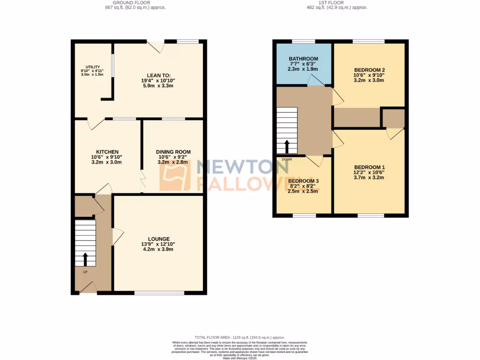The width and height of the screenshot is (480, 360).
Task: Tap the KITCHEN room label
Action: (107, 152)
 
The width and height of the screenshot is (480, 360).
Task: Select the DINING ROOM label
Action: (173, 152)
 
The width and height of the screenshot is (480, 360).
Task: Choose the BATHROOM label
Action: (303, 59)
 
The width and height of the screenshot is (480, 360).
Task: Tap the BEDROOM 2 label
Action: (369, 70)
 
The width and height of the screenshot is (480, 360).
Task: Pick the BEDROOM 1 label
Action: (369, 167)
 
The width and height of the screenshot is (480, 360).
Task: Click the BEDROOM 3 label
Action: (303, 181)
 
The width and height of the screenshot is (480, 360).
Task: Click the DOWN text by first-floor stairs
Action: (287, 159)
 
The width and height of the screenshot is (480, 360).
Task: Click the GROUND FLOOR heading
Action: (135, 2)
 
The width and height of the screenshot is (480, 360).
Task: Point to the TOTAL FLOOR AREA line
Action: (240, 337)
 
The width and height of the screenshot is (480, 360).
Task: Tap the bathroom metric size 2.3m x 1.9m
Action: (303, 69)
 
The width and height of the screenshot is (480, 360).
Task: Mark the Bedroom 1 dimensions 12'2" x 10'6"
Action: (369, 172)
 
